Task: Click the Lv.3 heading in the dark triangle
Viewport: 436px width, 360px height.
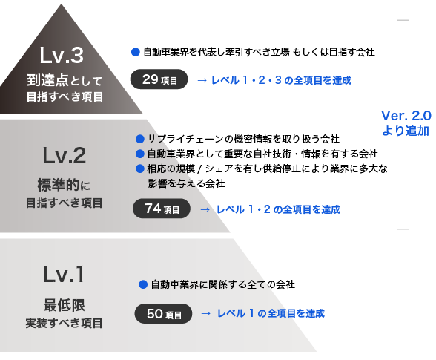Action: click(62, 55)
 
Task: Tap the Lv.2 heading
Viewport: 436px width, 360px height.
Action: click(65, 155)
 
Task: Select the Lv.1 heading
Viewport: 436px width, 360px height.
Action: click(64, 274)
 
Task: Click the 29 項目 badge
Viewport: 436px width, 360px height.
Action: click(159, 79)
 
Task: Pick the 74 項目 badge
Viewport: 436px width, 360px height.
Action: click(162, 209)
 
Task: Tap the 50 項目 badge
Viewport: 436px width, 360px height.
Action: click(163, 313)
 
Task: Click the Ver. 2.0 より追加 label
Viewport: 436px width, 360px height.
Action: click(406, 123)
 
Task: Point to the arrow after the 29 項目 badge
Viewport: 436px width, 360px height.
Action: click(202, 81)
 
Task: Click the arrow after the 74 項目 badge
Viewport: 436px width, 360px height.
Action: click(205, 209)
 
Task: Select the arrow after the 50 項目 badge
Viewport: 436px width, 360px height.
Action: click(206, 314)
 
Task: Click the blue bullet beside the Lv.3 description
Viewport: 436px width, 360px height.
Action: click(136, 52)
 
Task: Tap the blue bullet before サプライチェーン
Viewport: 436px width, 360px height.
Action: click(139, 139)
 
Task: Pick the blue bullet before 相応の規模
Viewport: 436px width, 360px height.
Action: click(139, 168)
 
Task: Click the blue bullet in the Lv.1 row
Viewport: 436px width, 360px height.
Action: click(143, 284)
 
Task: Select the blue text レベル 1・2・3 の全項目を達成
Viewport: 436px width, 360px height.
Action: click(282, 80)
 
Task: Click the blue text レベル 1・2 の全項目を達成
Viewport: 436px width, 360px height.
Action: click(278, 209)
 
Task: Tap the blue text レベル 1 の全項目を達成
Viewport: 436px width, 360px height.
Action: click(271, 313)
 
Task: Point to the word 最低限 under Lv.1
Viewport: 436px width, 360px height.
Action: click(65, 305)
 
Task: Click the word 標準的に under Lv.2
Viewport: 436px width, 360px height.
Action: click(64, 185)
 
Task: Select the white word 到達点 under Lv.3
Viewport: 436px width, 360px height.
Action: click(47, 80)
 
